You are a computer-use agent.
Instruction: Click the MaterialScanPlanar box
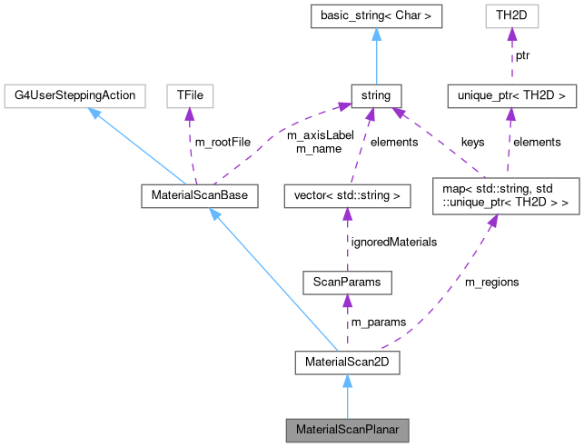click(x=347, y=428)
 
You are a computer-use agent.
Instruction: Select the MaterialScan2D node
click(x=346, y=363)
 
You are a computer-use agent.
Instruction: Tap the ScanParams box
click(x=346, y=283)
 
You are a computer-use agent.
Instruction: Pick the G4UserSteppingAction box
click(x=75, y=94)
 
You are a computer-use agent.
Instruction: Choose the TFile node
click(x=188, y=94)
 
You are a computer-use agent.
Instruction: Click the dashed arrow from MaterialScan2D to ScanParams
click(x=346, y=323)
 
